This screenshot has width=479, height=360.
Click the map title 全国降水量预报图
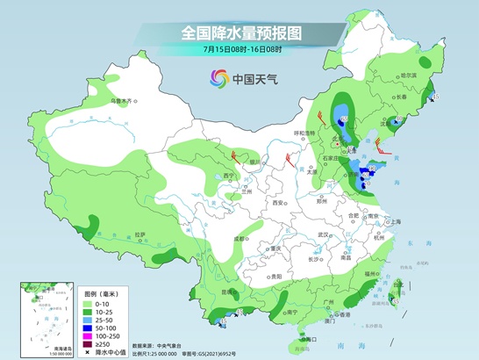pyautogui.click(x=240, y=32)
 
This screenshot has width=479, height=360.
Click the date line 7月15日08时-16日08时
pyautogui.click(x=240, y=50)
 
